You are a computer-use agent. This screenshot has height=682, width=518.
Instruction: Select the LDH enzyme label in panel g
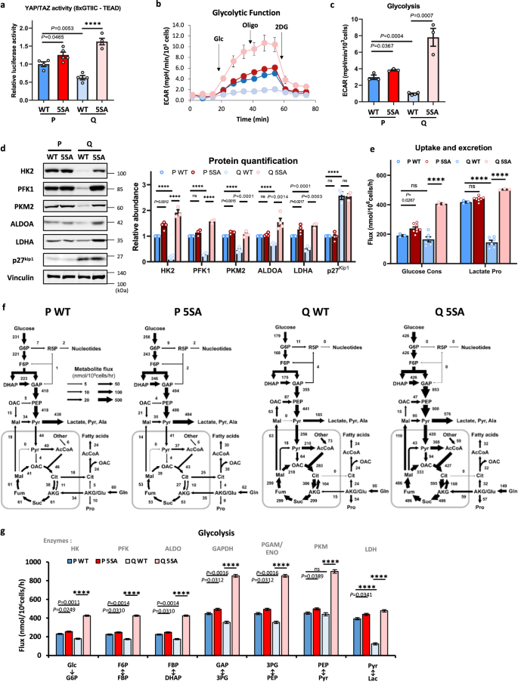click(x=464, y=549)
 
